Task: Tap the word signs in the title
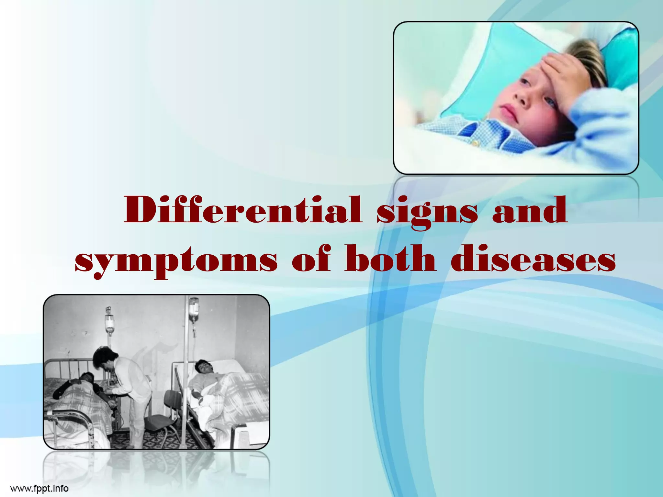tap(427, 212)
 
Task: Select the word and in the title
tap(530, 210)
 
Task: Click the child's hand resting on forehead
tap(562, 70)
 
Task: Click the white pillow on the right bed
tap(227, 364)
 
